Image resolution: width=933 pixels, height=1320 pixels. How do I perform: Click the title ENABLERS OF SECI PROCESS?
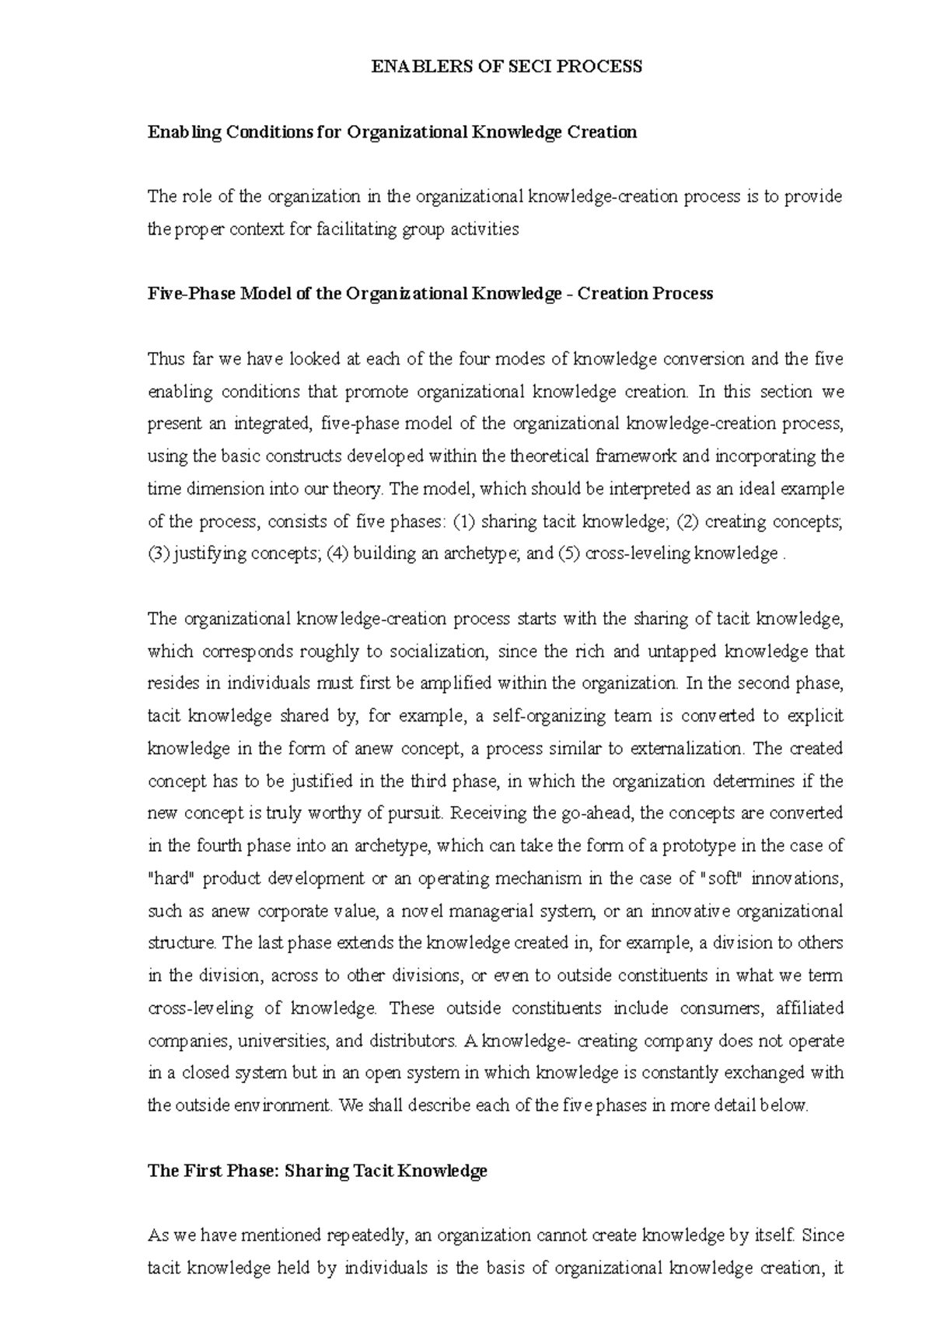click(506, 67)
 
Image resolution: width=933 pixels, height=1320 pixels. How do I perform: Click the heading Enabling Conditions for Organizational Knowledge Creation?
click(392, 132)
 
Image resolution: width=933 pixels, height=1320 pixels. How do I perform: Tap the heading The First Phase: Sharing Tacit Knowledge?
click(317, 1171)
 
